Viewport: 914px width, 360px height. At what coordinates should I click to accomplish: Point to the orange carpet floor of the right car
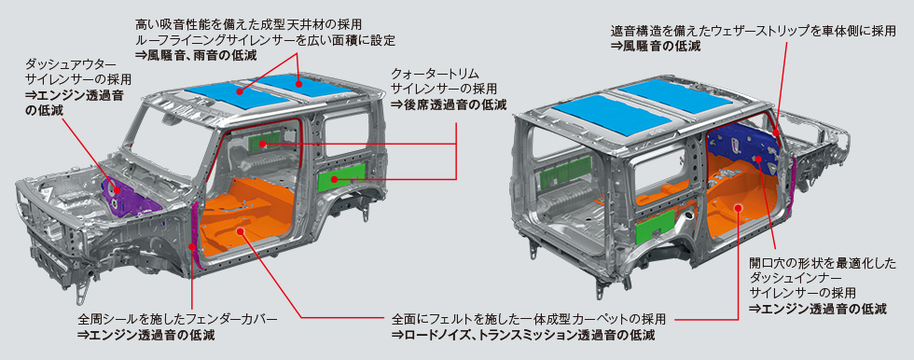pos(743,198)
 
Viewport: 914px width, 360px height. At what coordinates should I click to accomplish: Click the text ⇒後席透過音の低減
pos(449,104)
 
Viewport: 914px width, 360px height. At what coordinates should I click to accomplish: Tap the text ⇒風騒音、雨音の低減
pos(196,55)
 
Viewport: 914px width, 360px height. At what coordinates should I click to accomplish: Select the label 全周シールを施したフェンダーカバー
pos(177,319)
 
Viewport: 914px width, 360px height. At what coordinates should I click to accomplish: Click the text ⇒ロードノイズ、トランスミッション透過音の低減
pos(523,335)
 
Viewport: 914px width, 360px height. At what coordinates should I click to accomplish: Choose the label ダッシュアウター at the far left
pos(71,62)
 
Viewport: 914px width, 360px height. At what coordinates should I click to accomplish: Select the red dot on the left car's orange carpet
pos(241,230)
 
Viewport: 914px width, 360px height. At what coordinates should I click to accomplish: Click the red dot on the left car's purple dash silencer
pos(117,190)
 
